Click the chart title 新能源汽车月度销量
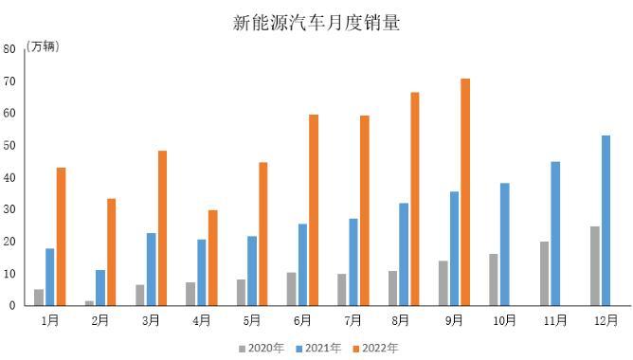[x=316, y=22]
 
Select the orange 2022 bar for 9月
[x=465, y=192]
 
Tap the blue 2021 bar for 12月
[x=606, y=221]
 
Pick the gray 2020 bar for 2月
[x=90, y=303]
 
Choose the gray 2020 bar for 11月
[x=544, y=274]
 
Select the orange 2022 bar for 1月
[x=62, y=237]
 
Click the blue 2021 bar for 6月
[x=302, y=264]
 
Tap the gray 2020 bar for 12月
[x=594, y=266]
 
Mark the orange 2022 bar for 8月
[x=415, y=199]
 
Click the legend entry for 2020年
[x=262, y=348]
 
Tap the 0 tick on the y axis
[x=11, y=306]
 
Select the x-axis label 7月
[x=353, y=321]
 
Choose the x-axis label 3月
[x=150, y=321]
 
